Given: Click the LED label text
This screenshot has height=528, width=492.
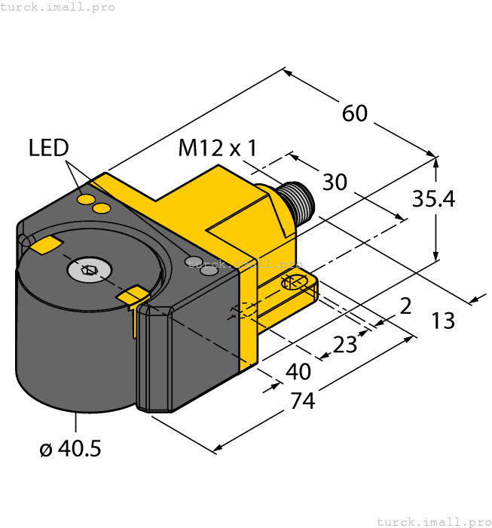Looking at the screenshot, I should [49, 148].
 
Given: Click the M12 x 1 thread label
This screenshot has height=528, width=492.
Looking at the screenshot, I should [217, 148].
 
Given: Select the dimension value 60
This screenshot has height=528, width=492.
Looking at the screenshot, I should [355, 113].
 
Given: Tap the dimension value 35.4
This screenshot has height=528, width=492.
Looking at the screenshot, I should [433, 199].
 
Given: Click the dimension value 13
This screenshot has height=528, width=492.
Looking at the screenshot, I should [443, 321].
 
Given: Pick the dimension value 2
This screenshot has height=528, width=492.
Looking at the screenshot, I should [405, 306].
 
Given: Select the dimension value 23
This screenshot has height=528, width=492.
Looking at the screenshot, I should [345, 344].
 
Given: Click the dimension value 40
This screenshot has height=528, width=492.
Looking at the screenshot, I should [299, 371].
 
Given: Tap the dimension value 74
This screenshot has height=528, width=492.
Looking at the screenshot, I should [302, 401].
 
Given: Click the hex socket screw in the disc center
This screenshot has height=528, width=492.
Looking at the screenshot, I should [90, 269].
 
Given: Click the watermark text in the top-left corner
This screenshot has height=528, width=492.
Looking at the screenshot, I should [58, 7].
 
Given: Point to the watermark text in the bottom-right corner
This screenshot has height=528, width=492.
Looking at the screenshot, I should [432, 521].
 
